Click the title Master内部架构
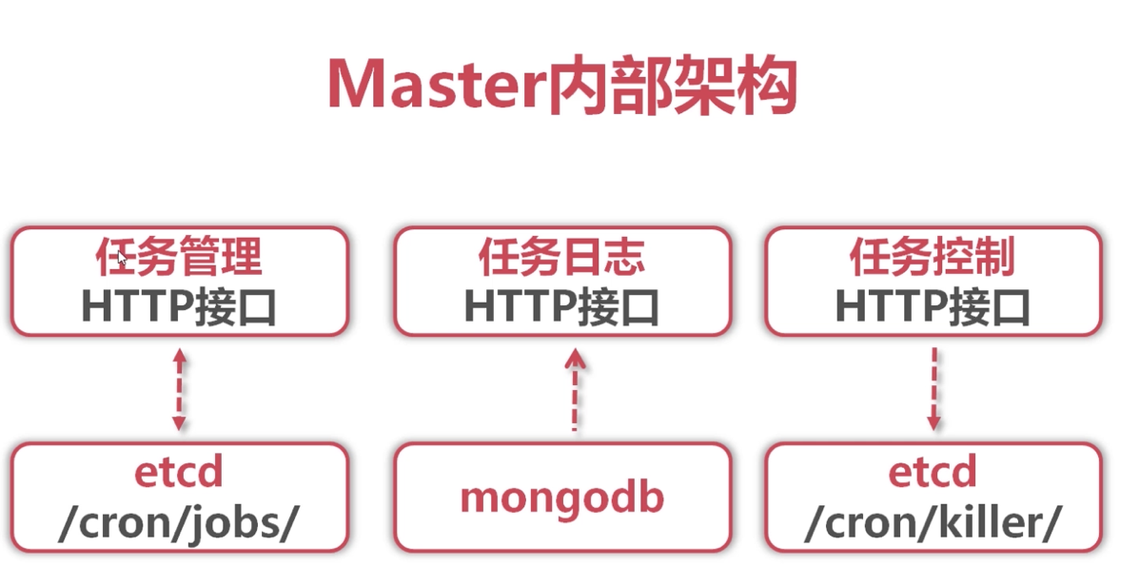coord(561,87)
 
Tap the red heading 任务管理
coord(179,257)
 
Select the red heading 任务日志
coord(561,257)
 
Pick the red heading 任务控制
coord(933,257)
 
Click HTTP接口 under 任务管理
coord(179,306)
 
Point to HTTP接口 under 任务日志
coord(561,306)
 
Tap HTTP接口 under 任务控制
coord(933,306)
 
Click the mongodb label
coord(561,497)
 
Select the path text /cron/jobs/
coord(179,524)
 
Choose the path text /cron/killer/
coord(933,524)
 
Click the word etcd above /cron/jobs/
coord(179,472)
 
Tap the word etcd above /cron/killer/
coord(933,472)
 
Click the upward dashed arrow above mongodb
coord(575,390)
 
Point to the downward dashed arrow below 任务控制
coord(934,388)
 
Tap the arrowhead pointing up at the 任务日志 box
coord(575,359)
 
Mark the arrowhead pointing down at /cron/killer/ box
coord(934,420)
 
